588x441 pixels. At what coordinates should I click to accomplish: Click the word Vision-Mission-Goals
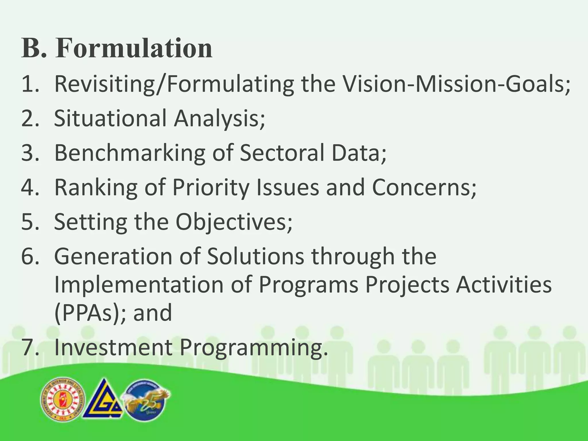point(457,84)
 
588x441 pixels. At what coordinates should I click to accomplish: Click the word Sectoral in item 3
point(282,153)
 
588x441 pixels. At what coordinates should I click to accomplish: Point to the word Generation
point(113,256)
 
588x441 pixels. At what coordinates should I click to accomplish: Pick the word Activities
point(504,285)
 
